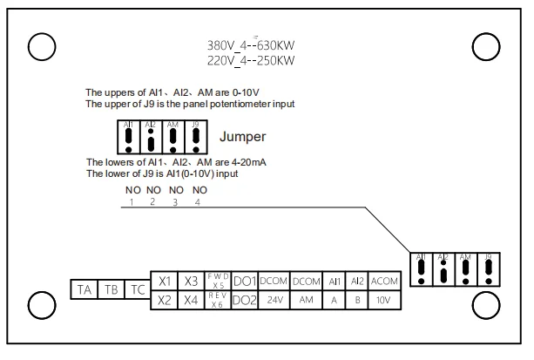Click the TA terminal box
point(84,290)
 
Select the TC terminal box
point(138,290)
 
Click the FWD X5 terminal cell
point(219,281)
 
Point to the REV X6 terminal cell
point(219,300)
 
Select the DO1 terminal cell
point(245,281)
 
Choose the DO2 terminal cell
point(245,300)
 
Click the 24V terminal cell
point(274,300)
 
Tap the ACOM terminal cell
point(384,281)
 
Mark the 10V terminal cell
point(384,300)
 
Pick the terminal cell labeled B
point(357,300)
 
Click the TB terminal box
point(112,290)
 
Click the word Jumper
point(242,137)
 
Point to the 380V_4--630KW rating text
point(251,45)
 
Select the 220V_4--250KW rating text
point(251,60)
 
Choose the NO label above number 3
point(176,190)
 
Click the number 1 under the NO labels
point(132,202)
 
